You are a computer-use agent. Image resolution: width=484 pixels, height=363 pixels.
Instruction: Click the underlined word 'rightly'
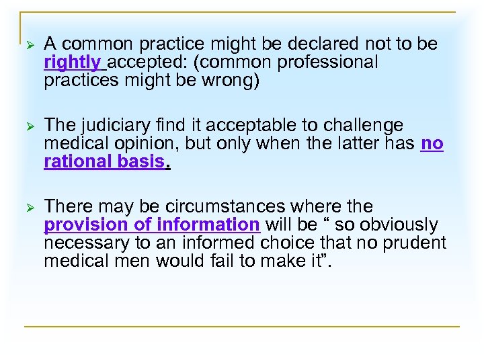tap(72, 63)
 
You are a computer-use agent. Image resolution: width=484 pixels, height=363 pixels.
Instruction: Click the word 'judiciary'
tap(118, 126)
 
